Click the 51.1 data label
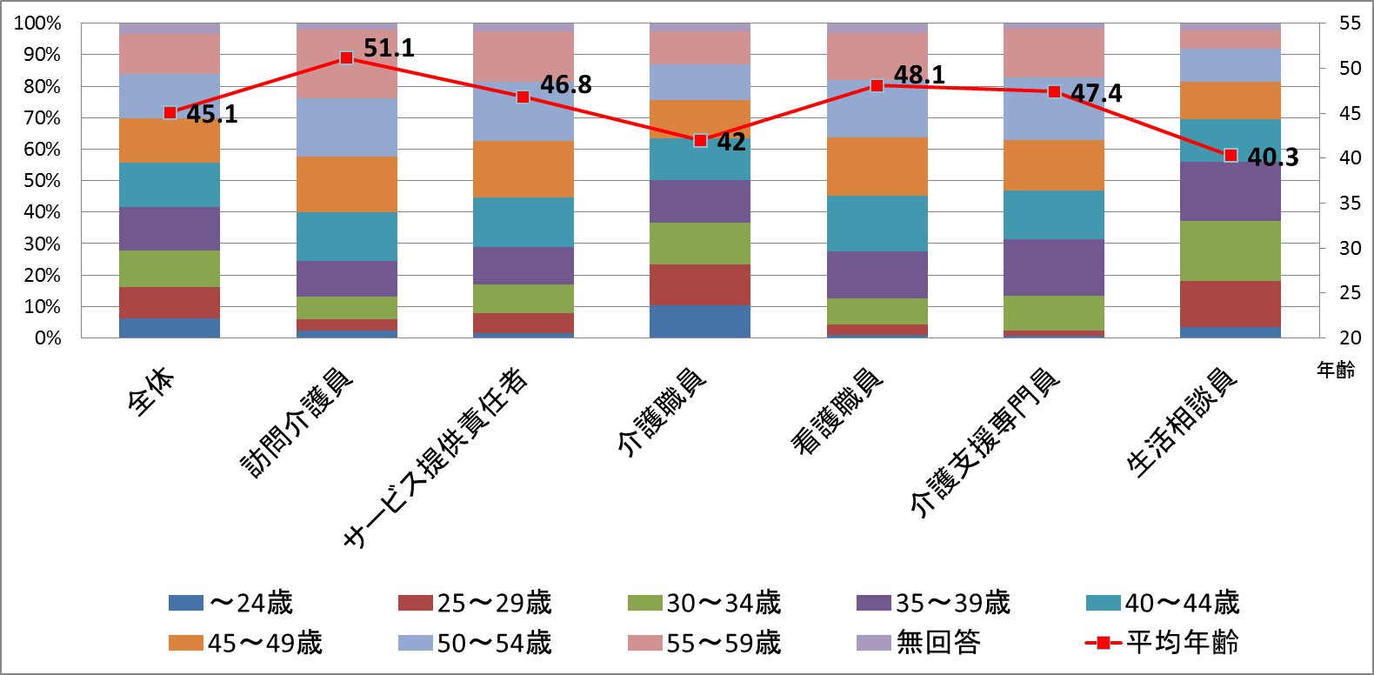pyautogui.click(x=389, y=48)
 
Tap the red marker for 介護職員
pyautogui.click(x=700, y=140)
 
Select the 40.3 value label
pyautogui.click(x=1272, y=157)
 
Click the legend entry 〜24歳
pyautogui.click(x=231, y=603)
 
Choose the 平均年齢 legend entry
pyautogui.click(x=1163, y=643)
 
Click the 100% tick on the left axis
pyautogui.click(x=37, y=23)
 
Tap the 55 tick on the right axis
pyautogui.click(x=1350, y=23)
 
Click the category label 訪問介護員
pyautogui.click(x=297, y=424)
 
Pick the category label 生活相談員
pyautogui.click(x=1182, y=423)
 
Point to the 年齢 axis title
pyautogui.click(x=1335, y=371)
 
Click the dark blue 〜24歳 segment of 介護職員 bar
pyautogui.click(x=700, y=321)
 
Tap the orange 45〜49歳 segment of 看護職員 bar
pyautogui.click(x=877, y=166)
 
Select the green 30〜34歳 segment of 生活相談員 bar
pyautogui.click(x=1230, y=251)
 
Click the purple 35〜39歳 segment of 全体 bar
pyautogui.click(x=170, y=228)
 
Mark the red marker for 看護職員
pyautogui.click(x=877, y=85)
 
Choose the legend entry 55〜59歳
pyautogui.click(x=704, y=643)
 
